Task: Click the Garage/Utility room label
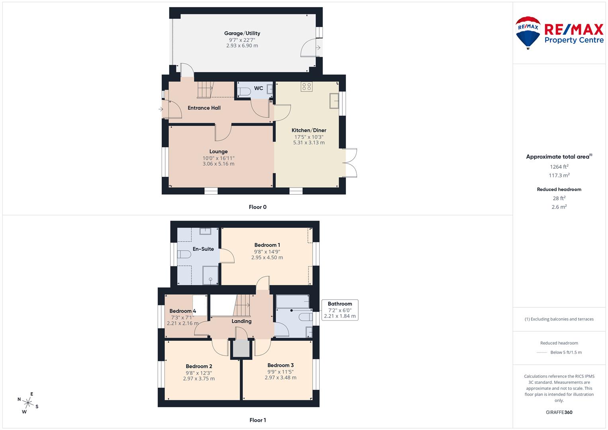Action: coord(242,33)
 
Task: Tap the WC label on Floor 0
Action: coord(258,88)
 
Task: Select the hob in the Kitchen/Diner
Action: coord(307,86)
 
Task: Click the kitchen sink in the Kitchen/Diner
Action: coord(334,101)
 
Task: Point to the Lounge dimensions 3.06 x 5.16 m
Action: coord(218,164)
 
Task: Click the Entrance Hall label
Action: coord(204,108)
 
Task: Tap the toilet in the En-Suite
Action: coord(184,254)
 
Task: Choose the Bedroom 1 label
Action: coord(267,245)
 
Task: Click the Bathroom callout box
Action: coord(340,310)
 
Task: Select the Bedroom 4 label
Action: coord(182,311)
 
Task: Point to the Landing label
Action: coord(241,321)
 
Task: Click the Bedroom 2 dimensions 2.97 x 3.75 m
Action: coord(199,379)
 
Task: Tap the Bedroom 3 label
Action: coord(280,365)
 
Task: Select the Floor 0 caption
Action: coord(257,207)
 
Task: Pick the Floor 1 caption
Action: coord(257,420)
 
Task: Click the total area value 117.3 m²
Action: coord(559,176)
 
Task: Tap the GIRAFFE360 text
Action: coord(559,412)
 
